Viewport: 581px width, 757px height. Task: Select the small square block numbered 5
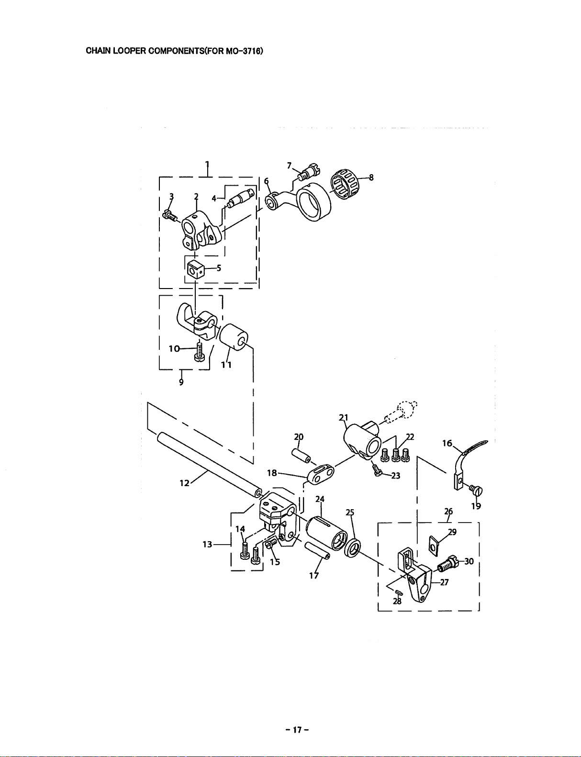point(195,268)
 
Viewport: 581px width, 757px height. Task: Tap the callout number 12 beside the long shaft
point(184,483)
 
